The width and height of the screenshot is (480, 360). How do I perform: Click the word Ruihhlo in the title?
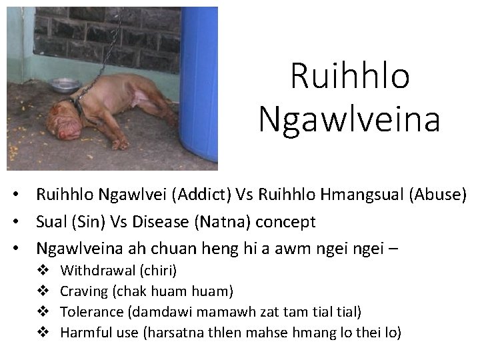[x=349, y=77]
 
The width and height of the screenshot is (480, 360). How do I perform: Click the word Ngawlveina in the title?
[x=349, y=120]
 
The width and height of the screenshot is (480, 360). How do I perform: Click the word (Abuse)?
[x=436, y=195]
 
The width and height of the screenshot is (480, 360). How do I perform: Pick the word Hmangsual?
[x=357, y=195]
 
